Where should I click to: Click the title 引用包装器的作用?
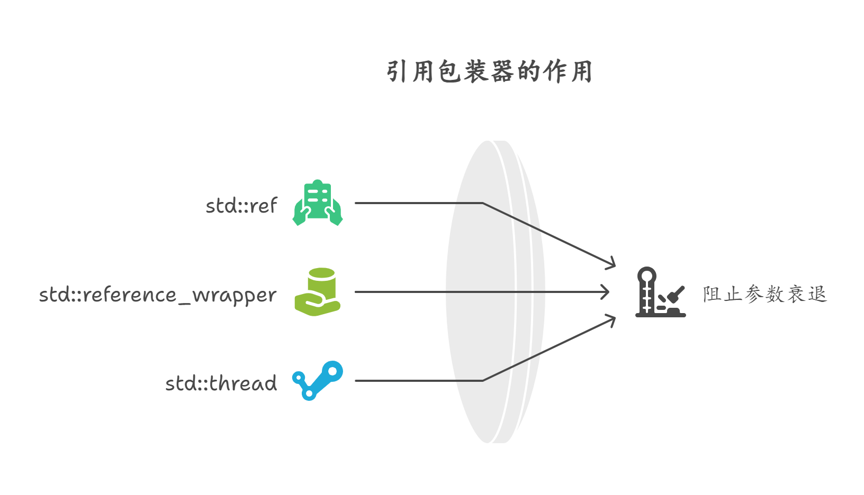(x=489, y=71)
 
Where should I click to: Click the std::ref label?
(x=241, y=206)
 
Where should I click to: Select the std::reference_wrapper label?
(x=158, y=295)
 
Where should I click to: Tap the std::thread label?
(x=221, y=383)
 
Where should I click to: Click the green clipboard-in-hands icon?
(x=318, y=203)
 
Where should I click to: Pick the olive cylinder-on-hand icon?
(x=318, y=292)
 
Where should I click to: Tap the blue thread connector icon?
(x=318, y=381)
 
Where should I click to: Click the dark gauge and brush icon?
(x=660, y=292)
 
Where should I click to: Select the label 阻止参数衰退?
(x=765, y=294)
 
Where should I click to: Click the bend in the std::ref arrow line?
(x=483, y=203)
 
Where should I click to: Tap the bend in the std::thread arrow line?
(x=483, y=380)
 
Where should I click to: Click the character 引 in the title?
(x=397, y=71)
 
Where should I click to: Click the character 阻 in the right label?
(x=712, y=294)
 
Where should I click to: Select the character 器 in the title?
(x=502, y=71)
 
